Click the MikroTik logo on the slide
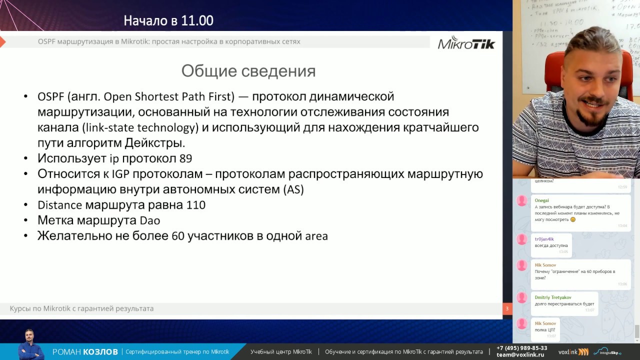(466, 43)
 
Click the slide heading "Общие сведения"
(248, 71)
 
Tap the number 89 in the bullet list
(185, 158)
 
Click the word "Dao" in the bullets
(149, 220)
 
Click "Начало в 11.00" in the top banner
(168, 20)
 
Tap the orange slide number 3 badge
(507, 308)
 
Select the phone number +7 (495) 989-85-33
(521, 348)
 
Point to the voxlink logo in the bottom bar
(573, 351)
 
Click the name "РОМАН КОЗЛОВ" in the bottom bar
(85, 352)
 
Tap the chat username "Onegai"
(541, 200)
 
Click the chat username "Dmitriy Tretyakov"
(552, 297)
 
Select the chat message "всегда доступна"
(551, 245)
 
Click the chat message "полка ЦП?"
(545, 330)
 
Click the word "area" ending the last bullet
(316, 236)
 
